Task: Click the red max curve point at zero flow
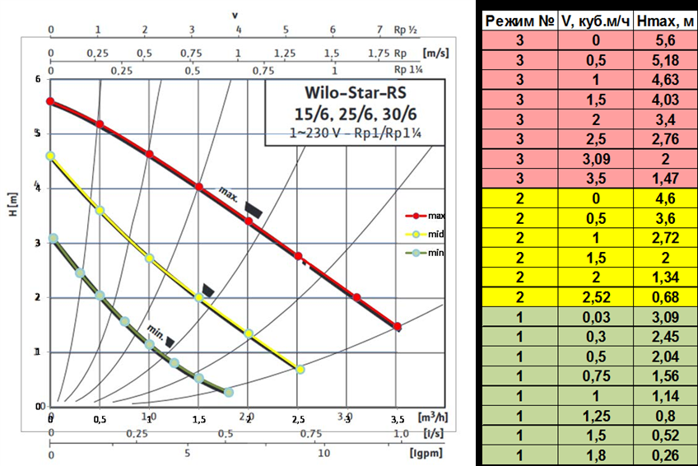coord(50,101)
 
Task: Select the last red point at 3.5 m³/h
coord(398,326)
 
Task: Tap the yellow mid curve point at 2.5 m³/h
coord(300,369)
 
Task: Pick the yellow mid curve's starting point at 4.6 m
coord(50,156)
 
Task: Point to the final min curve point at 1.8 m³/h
coord(229,392)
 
